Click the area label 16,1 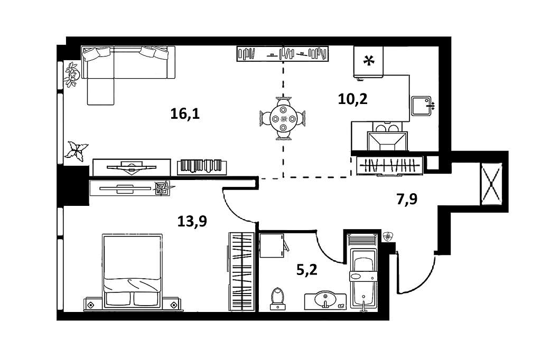click(x=185, y=113)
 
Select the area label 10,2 click(x=352, y=98)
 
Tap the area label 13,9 click(x=192, y=222)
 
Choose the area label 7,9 click(x=407, y=199)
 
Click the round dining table click(x=284, y=118)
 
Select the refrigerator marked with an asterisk click(x=368, y=62)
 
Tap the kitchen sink click(x=421, y=106)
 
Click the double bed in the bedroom click(x=132, y=270)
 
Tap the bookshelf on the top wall click(x=282, y=53)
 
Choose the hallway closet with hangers click(x=389, y=165)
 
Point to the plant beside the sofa click(x=71, y=74)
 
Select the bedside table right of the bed click(x=173, y=305)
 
